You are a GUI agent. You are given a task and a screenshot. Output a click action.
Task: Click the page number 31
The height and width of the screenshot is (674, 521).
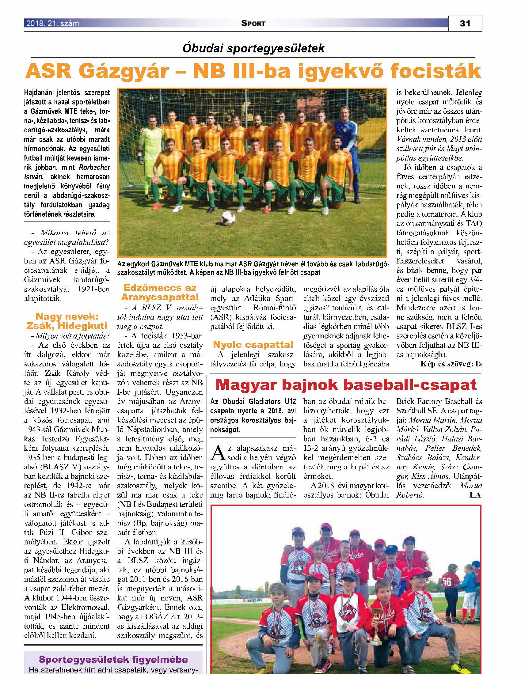click(465, 24)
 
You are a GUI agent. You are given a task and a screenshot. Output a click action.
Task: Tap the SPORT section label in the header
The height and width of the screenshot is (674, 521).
click(254, 24)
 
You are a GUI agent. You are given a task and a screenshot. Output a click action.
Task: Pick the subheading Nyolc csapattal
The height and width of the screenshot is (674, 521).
click(253, 345)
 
